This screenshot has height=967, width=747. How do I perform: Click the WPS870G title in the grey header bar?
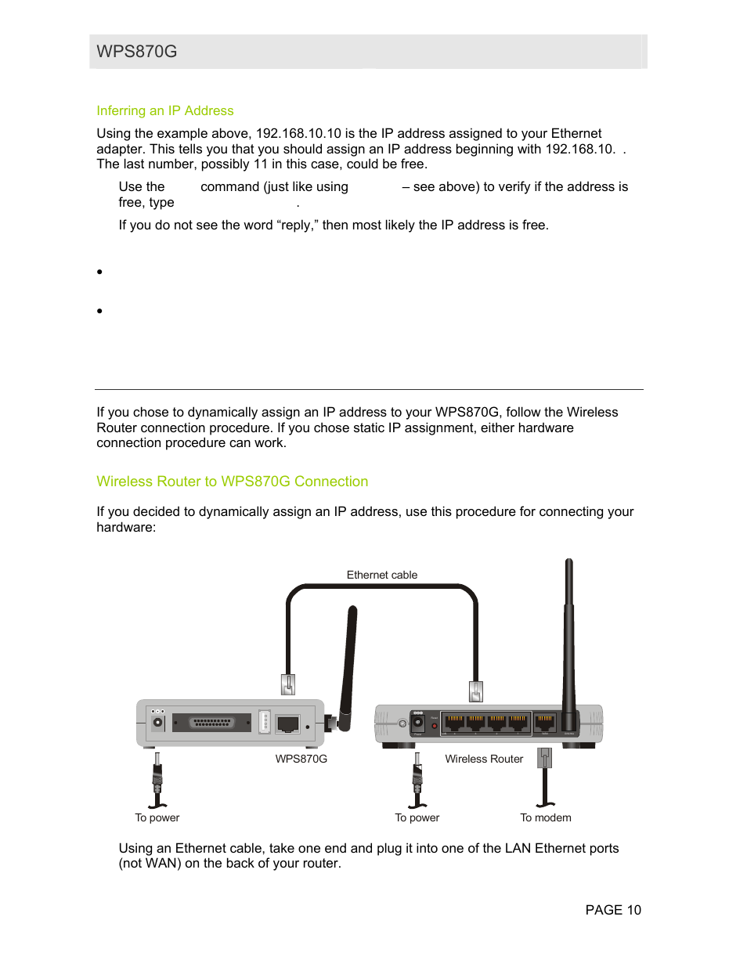[137, 52]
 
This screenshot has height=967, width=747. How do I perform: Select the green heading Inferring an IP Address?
[165, 111]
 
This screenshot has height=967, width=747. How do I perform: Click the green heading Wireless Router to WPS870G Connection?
[232, 482]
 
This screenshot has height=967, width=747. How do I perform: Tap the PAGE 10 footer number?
[613, 910]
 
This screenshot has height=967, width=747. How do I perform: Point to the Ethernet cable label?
[382, 575]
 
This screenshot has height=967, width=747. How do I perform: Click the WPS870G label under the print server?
[301, 759]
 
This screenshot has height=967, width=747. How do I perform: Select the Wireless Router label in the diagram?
[484, 759]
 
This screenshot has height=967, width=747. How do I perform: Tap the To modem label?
[546, 817]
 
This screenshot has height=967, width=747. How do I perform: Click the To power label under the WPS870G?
[157, 817]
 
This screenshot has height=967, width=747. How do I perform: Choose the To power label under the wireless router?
[417, 817]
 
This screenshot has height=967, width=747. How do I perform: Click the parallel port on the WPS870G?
[212, 723]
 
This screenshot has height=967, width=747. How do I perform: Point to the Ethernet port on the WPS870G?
[288, 723]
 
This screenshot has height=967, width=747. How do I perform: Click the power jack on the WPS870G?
[158, 723]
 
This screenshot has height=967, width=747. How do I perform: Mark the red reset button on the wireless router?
[435, 726]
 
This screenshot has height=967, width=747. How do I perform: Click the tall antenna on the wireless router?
[569, 626]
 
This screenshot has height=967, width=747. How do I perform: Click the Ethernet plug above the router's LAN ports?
[475, 691]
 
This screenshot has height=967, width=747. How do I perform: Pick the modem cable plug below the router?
[545, 758]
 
